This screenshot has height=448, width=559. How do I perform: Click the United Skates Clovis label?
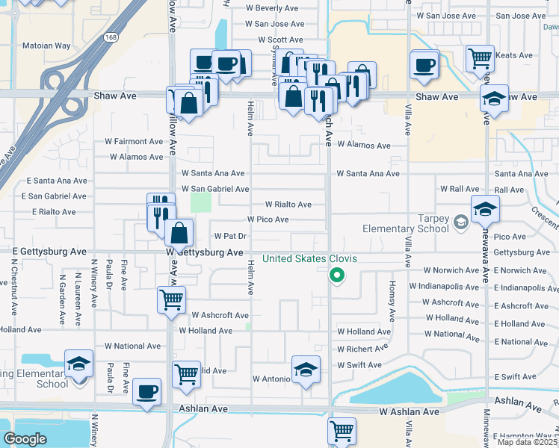(309, 259)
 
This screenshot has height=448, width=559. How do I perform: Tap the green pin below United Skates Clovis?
(337, 276)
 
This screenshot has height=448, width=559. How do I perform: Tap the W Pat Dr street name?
(230, 236)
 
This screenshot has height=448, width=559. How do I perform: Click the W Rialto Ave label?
(288, 205)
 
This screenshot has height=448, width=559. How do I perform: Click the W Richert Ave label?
(362, 349)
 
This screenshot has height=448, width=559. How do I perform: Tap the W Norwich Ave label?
(451, 270)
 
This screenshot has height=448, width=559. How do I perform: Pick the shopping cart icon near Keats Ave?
(479, 57)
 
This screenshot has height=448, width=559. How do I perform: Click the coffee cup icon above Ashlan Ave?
(147, 391)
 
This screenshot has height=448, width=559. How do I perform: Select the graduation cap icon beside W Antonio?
(306, 370)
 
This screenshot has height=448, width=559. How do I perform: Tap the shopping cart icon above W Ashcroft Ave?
(171, 300)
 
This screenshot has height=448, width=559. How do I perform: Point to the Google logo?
(25, 440)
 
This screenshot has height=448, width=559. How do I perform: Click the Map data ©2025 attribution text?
(527, 442)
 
